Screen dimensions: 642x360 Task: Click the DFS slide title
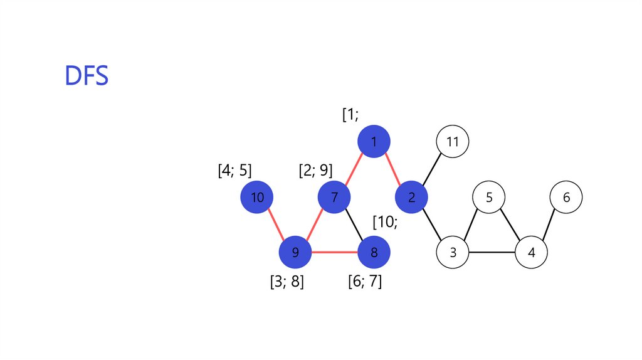[87, 75]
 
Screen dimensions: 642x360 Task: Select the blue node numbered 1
[374, 142]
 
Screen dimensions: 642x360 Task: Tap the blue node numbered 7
[334, 198]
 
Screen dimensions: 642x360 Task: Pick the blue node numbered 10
[257, 198]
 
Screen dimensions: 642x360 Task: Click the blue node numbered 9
[295, 253]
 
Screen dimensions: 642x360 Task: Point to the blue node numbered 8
[374, 253]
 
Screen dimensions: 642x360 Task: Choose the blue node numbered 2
[411, 198]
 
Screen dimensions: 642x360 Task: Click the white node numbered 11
[453, 142]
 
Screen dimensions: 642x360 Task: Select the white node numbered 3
[453, 253]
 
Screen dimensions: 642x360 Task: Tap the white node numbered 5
[489, 198]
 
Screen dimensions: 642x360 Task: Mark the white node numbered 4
[531, 253]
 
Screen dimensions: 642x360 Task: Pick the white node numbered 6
[566, 198]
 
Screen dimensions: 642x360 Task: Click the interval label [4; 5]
[234, 171]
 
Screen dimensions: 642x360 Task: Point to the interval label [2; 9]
[315, 171]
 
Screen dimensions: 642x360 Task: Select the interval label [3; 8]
[287, 282]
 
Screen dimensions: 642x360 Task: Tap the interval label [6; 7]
[365, 282]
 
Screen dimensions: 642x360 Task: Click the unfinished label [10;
[385, 222]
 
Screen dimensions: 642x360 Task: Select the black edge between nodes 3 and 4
[492, 253]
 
